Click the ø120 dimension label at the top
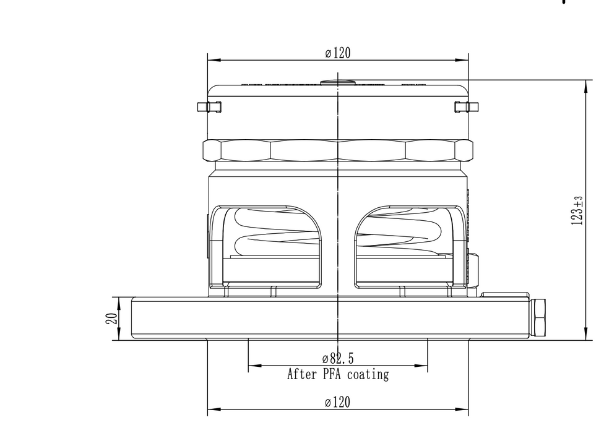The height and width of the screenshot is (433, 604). [338, 53]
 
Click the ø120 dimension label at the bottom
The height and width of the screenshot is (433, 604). [338, 403]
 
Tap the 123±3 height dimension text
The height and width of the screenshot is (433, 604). [577, 210]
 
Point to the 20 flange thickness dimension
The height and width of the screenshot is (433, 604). [111, 319]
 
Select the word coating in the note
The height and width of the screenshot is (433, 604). [368, 375]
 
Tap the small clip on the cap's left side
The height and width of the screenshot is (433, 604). [209, 107]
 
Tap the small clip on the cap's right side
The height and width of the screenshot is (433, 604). [466, 107]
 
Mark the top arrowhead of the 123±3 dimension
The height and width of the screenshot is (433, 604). [585, 85]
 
